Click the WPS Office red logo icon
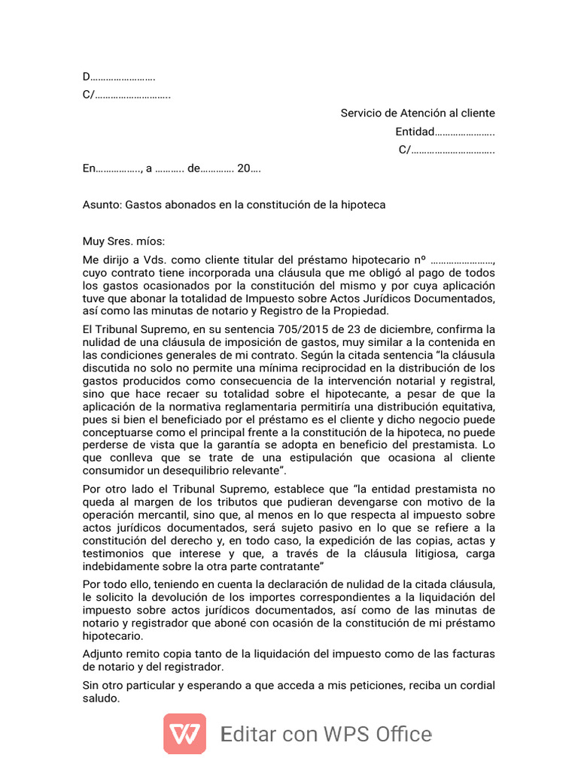tap(184, 733)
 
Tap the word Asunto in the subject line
tap(101, 205)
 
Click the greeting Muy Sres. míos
tap(123, 241)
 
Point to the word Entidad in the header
tap(415, 132)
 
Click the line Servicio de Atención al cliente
tap(418, 114)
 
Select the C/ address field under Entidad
tap(446, 150)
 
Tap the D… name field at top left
tap(119, 77)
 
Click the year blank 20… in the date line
tap(248, 168)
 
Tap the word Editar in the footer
tap(248, 734)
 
